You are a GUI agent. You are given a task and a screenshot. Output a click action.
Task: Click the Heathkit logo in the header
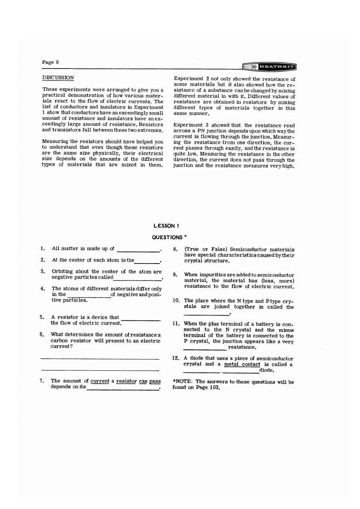coord(268,66)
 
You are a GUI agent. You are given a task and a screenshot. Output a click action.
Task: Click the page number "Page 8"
coord(50,62)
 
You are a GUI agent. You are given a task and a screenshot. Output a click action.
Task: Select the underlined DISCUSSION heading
coord(58,77)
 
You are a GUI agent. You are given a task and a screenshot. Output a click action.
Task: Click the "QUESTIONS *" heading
coord(169,237)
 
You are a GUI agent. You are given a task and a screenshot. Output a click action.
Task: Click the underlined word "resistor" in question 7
coord(125,381)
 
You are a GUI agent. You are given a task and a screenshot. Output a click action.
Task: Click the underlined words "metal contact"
coord(242,364)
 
